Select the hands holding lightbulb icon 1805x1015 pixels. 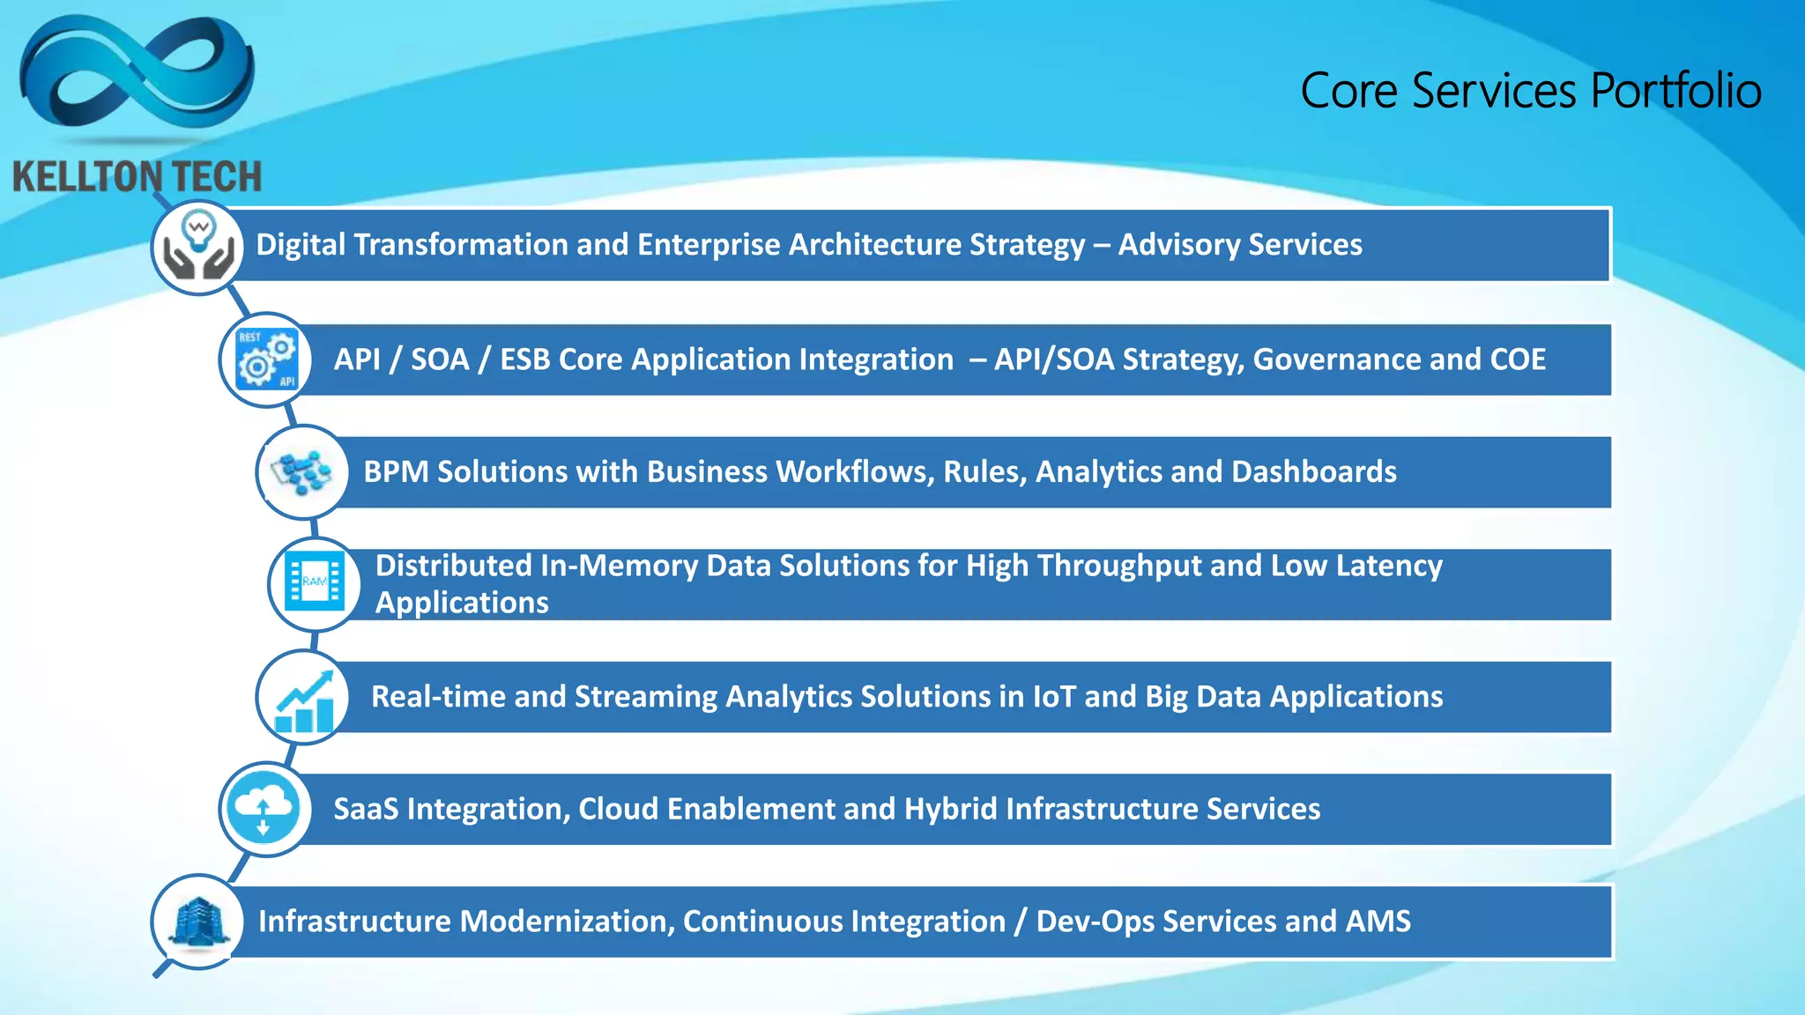pos(198,248)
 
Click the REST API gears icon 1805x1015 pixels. pos(266,359)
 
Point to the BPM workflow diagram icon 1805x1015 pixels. pos(302,472)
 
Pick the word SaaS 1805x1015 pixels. pos(366,809)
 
